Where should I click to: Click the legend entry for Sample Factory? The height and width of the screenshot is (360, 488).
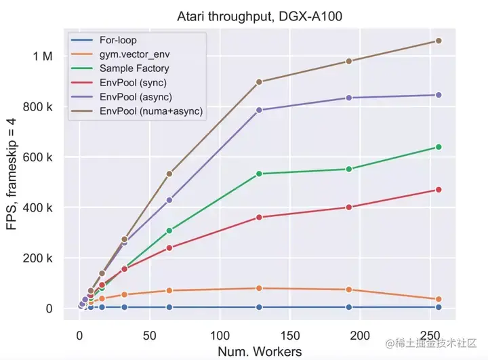(134, 68)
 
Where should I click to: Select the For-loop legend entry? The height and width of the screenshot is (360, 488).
(117, 41)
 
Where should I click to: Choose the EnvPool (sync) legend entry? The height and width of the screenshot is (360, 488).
(134, 83)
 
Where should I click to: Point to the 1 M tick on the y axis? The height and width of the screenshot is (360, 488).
(42, 56)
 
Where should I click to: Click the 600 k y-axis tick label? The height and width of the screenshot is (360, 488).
(38, 157)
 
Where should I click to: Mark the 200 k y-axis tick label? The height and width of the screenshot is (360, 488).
(38, 258)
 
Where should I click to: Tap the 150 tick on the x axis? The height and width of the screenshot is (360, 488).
(289, 336)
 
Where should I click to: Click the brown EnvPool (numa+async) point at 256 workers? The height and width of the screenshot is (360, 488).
(439, 41)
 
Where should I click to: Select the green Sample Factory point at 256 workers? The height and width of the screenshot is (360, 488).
(439, 147)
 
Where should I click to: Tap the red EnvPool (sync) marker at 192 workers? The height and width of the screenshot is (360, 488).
(349, 207)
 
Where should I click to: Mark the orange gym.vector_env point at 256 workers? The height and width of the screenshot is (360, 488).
(439, 299)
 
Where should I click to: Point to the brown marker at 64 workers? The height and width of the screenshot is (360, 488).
(169, 174)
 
